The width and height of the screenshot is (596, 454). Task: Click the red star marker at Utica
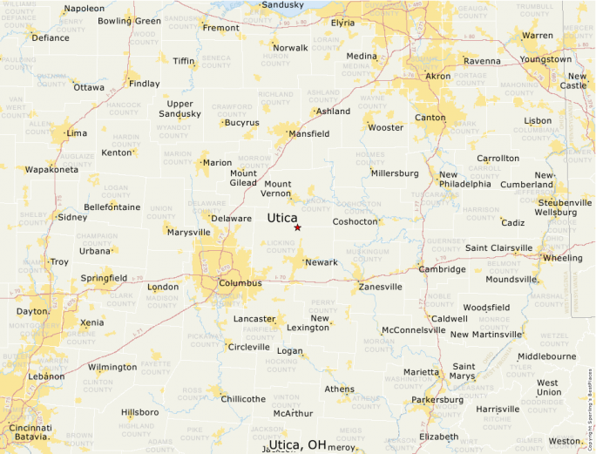(297, 227)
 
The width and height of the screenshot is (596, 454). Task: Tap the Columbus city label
(240, 283)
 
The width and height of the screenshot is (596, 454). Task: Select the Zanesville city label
(380, 287)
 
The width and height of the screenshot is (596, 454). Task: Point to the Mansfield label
(309, 134)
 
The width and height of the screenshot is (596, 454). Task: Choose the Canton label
(430, 118)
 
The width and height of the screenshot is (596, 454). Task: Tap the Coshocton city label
(356, 221)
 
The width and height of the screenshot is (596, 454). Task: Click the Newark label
(322, 262)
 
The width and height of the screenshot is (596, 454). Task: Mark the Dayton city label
(31, 311)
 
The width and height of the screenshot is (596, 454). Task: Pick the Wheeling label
(562, 258)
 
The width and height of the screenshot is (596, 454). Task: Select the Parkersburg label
(437, 401)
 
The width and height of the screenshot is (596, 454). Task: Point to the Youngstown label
(545, 59)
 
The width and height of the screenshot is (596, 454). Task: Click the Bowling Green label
(129, 21)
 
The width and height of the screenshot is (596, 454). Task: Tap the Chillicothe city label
(243, 399)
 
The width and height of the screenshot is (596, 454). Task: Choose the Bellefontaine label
(112, 207)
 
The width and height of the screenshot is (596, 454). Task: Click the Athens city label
(339, 390)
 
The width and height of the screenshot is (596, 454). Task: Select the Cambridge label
(442, 269)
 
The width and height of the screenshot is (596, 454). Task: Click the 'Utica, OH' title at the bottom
(297, 444)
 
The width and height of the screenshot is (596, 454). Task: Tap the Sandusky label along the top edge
(283, 5)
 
